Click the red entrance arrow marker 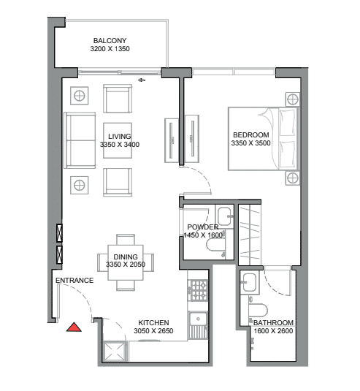pyautogui.click(x=74, y=327)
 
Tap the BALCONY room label pyautogui.click(x=110, y=40)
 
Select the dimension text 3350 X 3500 pyautogui.click(x=250, y=143)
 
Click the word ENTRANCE pyautogui.click(x=74, y=281)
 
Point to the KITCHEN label pyautogui.click(x=153, y=323)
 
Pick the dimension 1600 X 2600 pyautogui.click(x=273, y=331)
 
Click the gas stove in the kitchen pyautogui.click(x=199, y=290)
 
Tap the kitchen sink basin pyautogui.click(x=198, y=319)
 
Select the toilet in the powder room pyautogui.click(x=216, y=245)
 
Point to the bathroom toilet pyautogui.click(x=258, y=310)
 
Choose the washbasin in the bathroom pyautogui.click(x=250, y=283)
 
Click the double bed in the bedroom pyautogui.click(x=264, y=139)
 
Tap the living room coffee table pyautogui.click(x=118, y=140)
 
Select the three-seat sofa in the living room pyautogui.click(x=80, y=140)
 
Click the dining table pyautogui.click(x=126, y=262)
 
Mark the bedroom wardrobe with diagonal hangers pyautogui.click(x=250, y=235)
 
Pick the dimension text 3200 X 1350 pyautogui.click(x=110, y=49)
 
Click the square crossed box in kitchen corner pyautogui.click(x=114, y=352)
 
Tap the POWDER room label pyautogui.click(x=203, y=227)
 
